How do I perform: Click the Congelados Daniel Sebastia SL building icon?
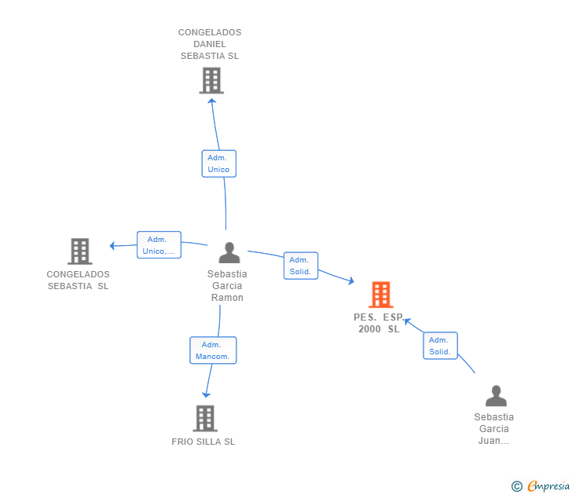211,80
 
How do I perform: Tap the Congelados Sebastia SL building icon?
79,251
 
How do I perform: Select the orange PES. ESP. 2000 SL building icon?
380,295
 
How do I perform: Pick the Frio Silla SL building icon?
204,418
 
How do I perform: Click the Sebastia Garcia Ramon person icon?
229,253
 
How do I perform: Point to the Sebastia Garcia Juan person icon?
495,395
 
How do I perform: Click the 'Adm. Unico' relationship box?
218,163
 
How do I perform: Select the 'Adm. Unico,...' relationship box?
159,245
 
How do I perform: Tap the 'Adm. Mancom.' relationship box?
212,350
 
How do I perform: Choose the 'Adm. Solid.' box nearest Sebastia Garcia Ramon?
300,266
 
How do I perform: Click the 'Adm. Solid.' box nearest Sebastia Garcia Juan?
440,346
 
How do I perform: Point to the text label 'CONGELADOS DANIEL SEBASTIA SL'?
210,44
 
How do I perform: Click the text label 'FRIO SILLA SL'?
203,442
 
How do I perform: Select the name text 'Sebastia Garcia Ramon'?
227,286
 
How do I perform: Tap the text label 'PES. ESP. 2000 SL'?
379,323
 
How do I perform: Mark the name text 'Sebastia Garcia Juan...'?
494,429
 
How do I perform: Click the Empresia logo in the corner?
548,486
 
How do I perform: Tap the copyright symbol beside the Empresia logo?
516,486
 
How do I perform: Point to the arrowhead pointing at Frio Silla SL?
207,393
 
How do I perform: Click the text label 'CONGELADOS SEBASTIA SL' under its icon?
79,280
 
